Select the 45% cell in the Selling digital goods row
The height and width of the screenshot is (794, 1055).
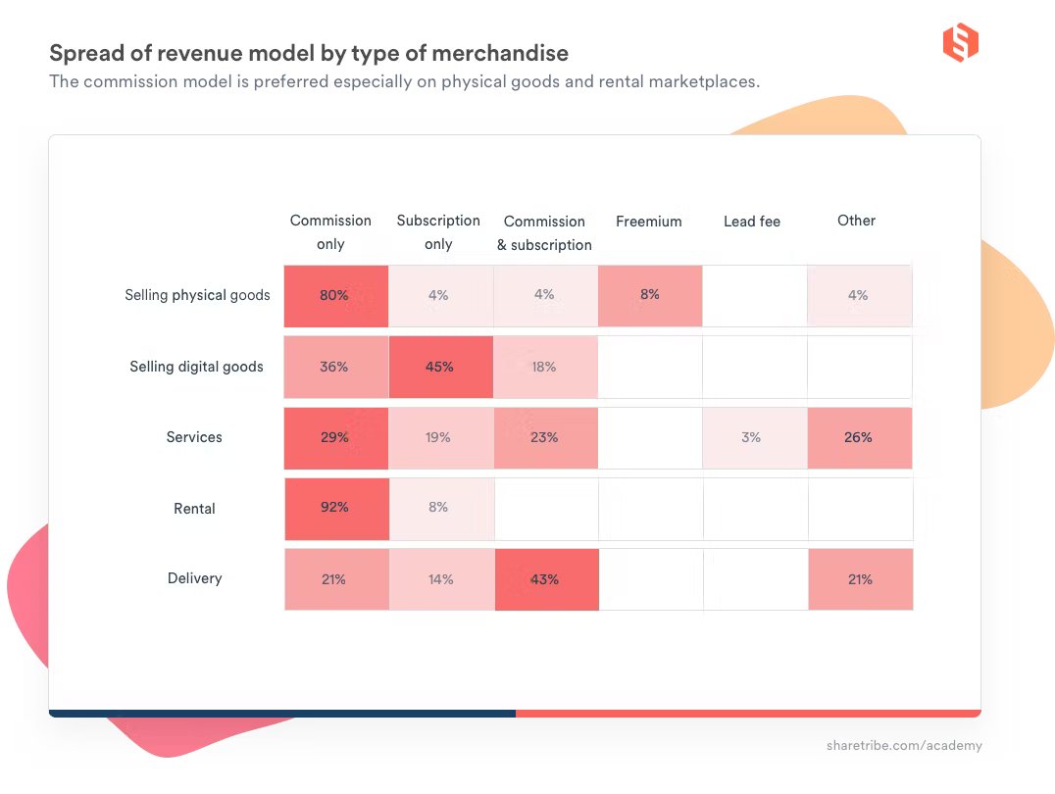[x=440, y=367]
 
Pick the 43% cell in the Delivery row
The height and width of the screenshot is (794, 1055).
[x=545, y=579]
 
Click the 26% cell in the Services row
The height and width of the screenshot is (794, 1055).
[x=859, y=437]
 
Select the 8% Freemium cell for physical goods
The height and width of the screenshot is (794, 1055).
[x=649, y=295]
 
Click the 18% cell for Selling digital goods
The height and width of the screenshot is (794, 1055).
[x=545, y=367]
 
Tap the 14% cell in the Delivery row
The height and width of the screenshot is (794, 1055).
[x=440, y=579]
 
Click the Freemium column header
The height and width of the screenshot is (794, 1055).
[x=648, y=222]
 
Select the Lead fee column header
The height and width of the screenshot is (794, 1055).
[x=752, y=222]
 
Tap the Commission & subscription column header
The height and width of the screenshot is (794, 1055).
[x=544, y=233]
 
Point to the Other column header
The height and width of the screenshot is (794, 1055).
[x=856, y=221]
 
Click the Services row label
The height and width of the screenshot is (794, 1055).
[x=194, y=437]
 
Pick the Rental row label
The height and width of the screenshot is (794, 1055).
[x=194, y=509]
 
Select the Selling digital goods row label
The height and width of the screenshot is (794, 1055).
[x=196, y=367]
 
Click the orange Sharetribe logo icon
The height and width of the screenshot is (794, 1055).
[x=961, y=43]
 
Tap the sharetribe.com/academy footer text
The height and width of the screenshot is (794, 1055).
[x=903, y=746]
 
